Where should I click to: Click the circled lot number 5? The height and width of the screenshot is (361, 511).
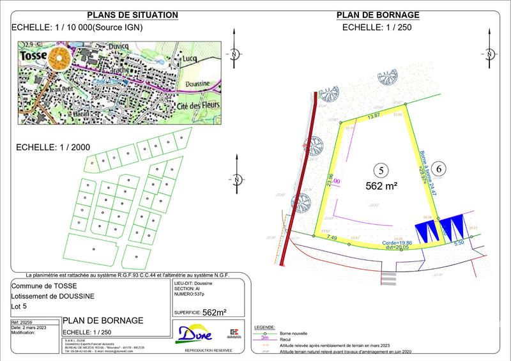coord(380,171)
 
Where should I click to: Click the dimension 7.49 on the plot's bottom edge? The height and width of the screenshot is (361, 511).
coord(332,238)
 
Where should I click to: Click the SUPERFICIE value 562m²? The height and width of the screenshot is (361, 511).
coord(214,312)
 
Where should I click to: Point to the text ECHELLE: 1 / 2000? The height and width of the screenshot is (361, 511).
coord(52,147)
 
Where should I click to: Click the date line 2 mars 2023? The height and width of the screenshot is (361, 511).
coord(33,328)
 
